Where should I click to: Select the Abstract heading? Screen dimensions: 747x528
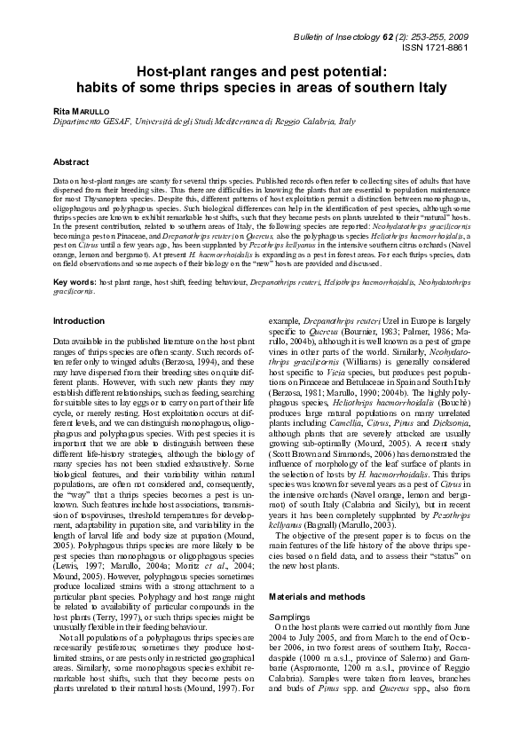pyautogui.click(x=71, y=163)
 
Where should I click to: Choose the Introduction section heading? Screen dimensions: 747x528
pyautogui.click(x=79, y=320)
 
